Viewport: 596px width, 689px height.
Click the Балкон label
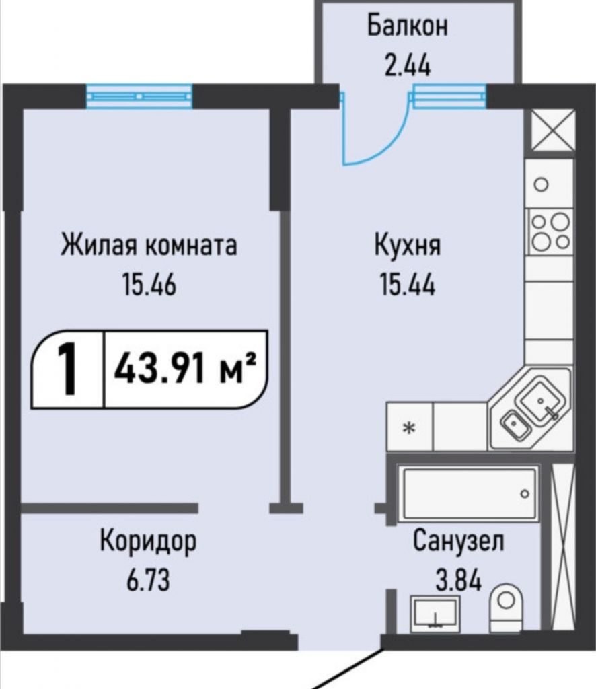(407, 27)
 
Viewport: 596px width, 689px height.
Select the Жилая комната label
(149, 245)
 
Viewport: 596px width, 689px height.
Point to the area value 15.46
(149, 285)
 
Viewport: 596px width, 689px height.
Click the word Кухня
(408, 245)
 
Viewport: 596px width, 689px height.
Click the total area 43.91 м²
(186, 369)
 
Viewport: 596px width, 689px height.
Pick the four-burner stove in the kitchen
(549, 231)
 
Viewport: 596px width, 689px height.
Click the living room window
(139, 96)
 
